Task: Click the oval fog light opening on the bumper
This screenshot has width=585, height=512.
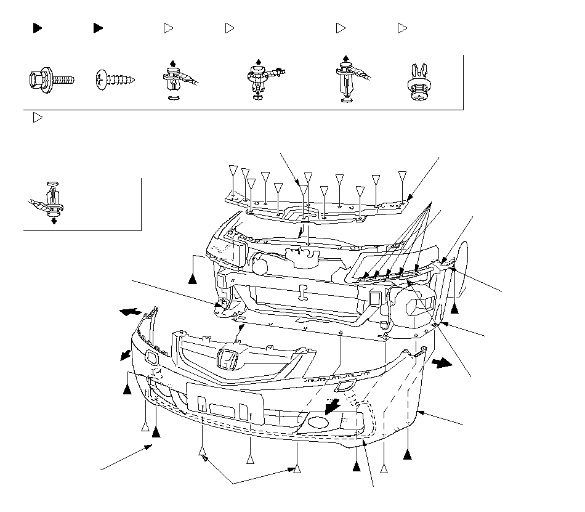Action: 318,423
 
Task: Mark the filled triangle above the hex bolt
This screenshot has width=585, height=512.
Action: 37,28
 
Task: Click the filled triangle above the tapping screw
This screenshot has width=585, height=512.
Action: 98,28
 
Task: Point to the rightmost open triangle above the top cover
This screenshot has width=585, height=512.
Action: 402,176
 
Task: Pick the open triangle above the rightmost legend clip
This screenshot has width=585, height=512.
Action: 402,28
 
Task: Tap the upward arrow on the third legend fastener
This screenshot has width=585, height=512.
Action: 173,62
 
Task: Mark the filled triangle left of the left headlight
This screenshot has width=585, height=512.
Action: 193,278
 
